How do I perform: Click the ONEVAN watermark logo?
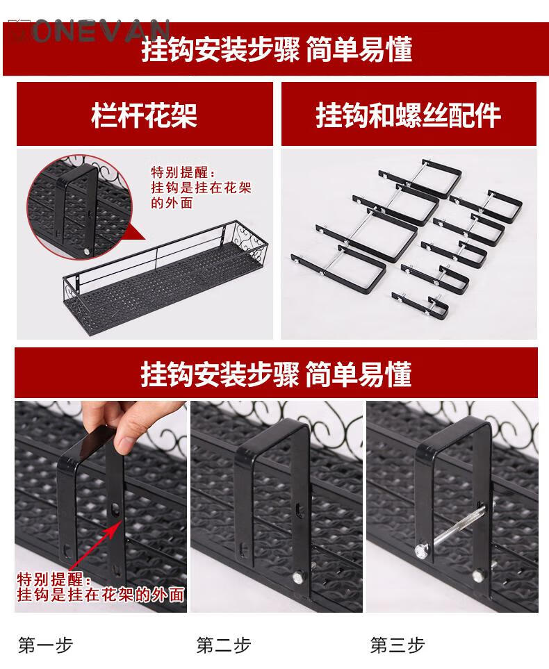pos(92,31)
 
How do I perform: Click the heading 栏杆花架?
pos(145,115)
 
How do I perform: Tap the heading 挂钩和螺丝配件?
pos(408,115)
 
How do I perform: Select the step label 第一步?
pos(45,645)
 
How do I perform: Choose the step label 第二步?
pos(223,645)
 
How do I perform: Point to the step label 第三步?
pos(398,645)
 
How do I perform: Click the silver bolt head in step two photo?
pos(297,578)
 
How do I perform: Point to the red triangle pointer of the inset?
pos(138,238)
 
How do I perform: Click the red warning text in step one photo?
pos(101,587)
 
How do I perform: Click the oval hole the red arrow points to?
pos(115,509)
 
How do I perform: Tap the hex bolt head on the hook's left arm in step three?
pos(420,550)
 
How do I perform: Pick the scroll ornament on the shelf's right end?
pos(255,247)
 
